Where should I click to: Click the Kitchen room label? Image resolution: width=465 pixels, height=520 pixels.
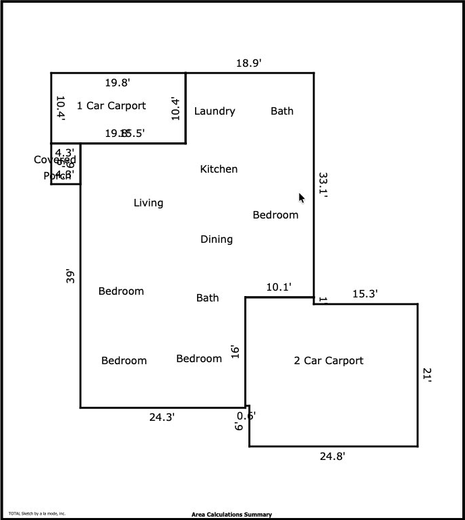coord(219,169)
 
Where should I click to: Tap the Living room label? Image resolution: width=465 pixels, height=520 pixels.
coord(148,203)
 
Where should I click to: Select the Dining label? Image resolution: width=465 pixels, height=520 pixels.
coord(217,239)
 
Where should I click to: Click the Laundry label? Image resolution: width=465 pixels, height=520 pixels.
coord(215,111)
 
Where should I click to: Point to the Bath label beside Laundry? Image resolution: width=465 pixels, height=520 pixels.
coord(282,111)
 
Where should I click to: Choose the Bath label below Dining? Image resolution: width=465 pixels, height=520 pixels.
coord(207,298)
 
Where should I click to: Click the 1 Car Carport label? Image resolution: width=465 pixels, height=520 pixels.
coord(111,106)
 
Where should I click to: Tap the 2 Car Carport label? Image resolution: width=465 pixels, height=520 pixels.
coord(329,361)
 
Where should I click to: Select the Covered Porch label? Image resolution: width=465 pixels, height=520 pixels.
coord(55,167)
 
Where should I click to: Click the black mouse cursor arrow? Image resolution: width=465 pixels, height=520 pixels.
coord(302,198)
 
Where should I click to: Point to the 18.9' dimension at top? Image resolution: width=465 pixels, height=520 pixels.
coord(248,63)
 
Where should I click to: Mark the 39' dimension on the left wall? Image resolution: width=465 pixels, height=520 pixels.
coord(70,277)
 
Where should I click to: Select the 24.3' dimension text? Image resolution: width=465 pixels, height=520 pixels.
coord(162,417)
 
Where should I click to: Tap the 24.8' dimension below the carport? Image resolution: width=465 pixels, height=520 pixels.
coord(332,457)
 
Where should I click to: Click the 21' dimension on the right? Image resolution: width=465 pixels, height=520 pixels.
coord(427,375)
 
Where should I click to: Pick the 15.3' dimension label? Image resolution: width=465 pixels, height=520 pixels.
coord(365,294)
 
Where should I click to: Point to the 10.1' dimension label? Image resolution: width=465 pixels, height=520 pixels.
coord(279,287)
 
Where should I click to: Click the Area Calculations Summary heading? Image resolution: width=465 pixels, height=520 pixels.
coord(231,515)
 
